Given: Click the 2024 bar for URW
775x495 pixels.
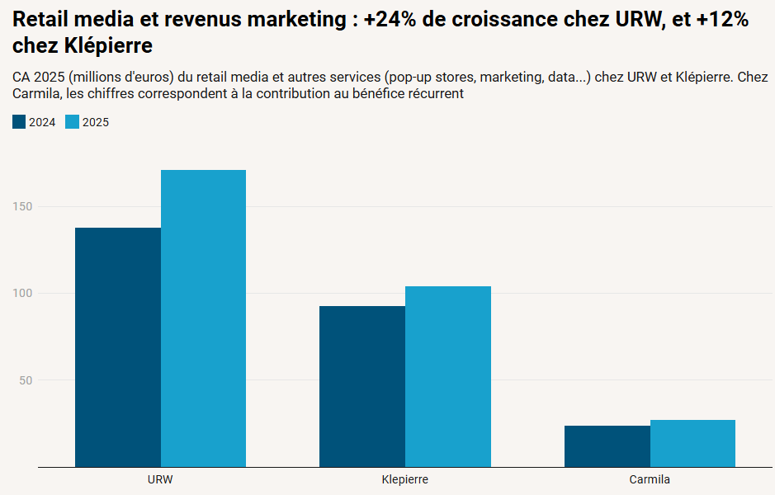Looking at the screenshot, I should coord(118,346).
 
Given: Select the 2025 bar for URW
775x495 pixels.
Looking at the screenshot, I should coord(203,318).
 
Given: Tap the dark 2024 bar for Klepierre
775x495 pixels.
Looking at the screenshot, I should coord(362,386).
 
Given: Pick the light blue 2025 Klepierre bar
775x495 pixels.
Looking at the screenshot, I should coord(447,376).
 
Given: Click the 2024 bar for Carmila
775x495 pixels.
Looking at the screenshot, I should coord(607,446).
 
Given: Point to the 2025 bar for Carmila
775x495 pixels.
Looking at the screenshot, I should coord(692,443).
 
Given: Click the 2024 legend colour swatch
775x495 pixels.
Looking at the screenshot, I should coord(19,122).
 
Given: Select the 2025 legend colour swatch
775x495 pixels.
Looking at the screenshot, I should coord(72,122).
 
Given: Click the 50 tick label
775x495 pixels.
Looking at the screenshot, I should coord(26,380).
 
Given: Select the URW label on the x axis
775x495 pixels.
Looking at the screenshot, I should coord(160,479).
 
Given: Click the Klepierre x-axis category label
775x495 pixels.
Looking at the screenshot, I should coord(405,479).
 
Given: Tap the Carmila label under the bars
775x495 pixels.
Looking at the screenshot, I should coord(650,479).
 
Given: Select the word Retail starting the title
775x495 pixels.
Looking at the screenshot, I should coord(41,20).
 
